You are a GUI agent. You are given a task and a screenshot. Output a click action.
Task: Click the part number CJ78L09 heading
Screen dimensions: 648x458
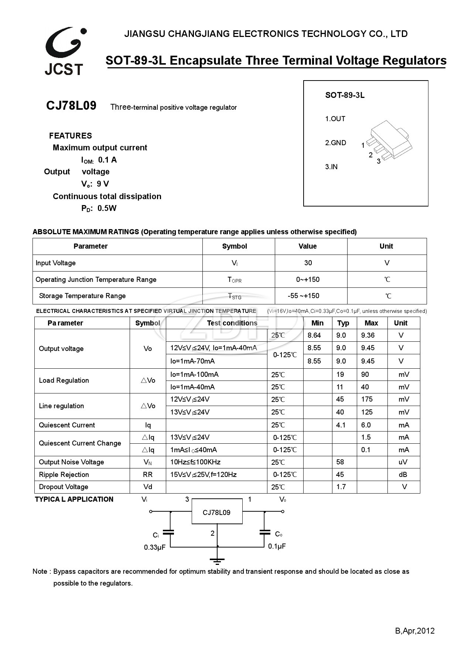(x=71, y=106)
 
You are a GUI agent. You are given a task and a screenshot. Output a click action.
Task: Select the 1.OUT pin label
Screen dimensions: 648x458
(x=335, y=119)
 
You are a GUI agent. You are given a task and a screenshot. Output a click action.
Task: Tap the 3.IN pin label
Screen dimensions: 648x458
(x=331, y=167)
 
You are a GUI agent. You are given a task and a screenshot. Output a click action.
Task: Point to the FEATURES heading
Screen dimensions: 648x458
(x=70, y=136)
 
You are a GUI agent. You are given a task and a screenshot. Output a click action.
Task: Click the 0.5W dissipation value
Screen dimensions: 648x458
(x=107, y=208)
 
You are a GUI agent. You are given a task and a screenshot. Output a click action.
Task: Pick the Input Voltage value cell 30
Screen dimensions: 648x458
(x=308, y=263)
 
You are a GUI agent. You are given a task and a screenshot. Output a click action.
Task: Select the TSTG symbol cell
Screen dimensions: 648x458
(x=235, y=296)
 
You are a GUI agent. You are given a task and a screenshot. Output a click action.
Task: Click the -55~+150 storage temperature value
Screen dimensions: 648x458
(x=303, y=296)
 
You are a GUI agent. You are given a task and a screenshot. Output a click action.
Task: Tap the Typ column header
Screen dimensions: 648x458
(x=343, y=323)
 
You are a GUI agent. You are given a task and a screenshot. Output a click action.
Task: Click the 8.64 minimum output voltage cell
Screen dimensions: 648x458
(x=314, y=335)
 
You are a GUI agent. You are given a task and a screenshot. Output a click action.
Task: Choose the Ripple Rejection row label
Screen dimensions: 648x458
(x=64, y=474)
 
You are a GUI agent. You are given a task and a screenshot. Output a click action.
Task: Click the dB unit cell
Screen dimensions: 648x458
(x=403, y=474)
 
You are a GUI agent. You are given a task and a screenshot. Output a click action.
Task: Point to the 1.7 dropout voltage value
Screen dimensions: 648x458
(x=341, y=487)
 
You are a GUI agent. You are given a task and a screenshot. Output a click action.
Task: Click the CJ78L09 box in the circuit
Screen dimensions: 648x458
(x=216, y=512)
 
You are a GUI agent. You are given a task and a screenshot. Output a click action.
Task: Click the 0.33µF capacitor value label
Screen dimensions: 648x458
(x=154, y=547)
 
